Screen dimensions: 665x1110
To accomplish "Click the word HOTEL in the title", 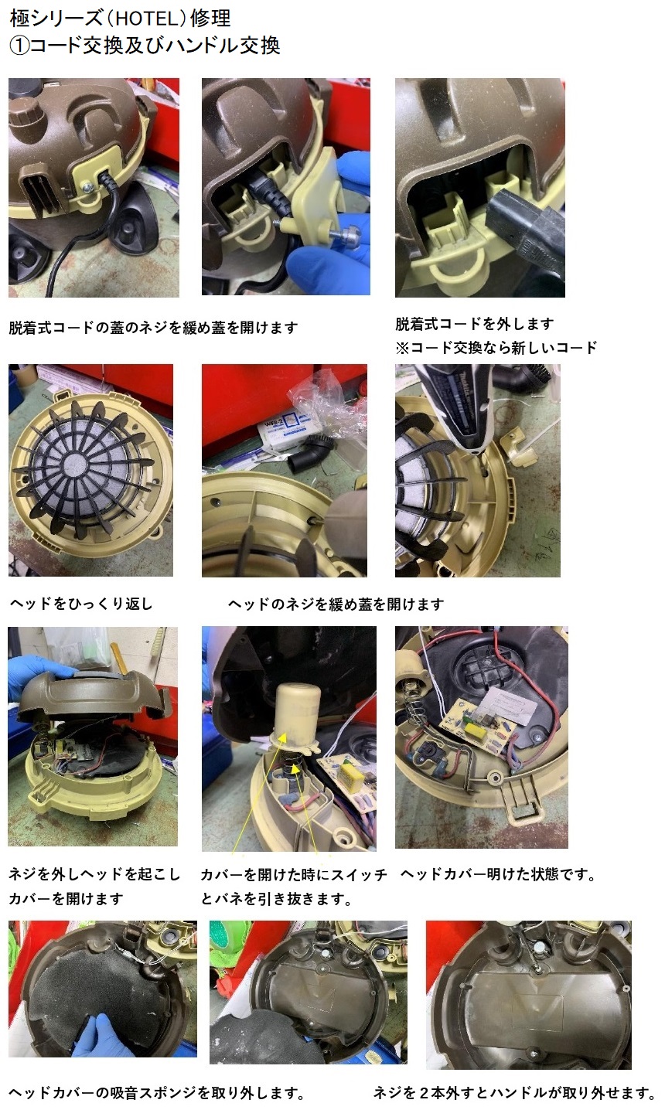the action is pos(143,19).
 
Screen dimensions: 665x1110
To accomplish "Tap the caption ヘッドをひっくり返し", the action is pos(81,604).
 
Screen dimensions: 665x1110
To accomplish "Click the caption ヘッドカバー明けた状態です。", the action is pos(499,874).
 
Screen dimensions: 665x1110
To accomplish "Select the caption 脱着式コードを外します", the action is pos(475,324).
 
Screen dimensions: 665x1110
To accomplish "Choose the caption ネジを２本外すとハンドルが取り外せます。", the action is pos(514,1092).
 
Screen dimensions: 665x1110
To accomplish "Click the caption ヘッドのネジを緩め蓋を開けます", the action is pos(336,604).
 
